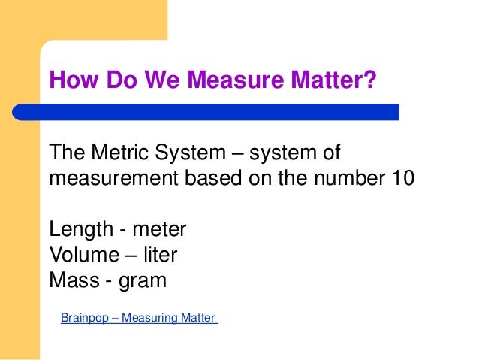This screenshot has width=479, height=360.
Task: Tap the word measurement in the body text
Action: pyautogui.click(x=110, y=180)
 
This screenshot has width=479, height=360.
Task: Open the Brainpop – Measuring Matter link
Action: pyautogui.click(x=138, y=318)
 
